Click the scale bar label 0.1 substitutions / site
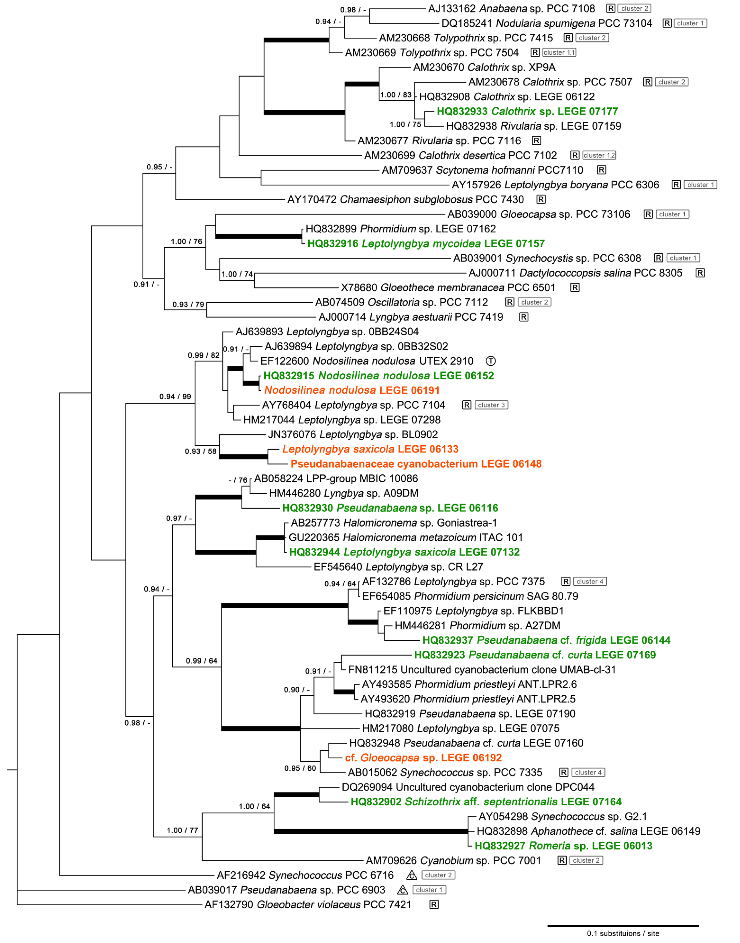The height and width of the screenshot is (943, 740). [623, 933]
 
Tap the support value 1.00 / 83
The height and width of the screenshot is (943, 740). [395, 95]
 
